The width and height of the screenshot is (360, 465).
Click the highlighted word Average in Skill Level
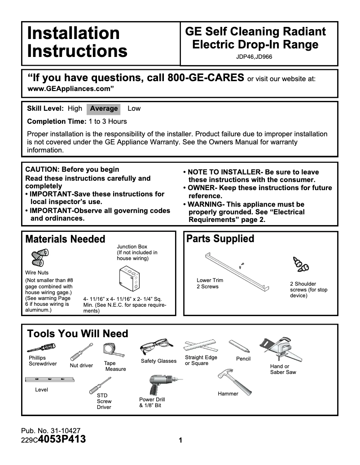pyautogui.click(x=104, y=109)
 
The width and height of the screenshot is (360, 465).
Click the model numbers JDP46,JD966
pyautogui.click(x=254, y=57)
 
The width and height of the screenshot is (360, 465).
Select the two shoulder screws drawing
pyautogui.click(x=300, y=265)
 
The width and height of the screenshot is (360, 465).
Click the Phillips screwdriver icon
pyautogui.click(x=41, y=348)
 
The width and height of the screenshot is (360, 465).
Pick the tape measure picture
pyautogui.click(x=110, y=350)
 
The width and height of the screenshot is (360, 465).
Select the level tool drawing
pyautogui.click(x=49, y=380)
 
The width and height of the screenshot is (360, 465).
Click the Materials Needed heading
pyautogui.click(x=65, y=239)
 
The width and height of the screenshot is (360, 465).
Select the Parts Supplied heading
pyautogui.click(x=220, y=239)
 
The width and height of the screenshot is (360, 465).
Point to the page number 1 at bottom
pyautogui.click(x=180, y=440)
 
